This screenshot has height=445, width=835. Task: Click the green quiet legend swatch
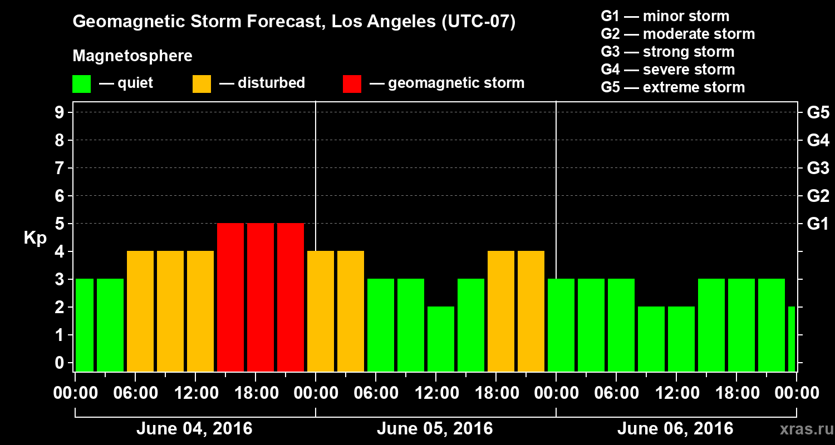tap(81, 83)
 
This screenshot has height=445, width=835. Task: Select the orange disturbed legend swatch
tap(202, 83)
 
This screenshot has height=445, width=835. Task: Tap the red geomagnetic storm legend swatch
tap(352, 83)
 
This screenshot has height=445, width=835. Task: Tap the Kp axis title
tap(35, 238)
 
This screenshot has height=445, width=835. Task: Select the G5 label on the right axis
tap(818, 112)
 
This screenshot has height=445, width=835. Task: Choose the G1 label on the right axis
tap(818, 224)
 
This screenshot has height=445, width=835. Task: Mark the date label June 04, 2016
tap(194, 429)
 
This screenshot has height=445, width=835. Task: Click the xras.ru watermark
tap(803, 429)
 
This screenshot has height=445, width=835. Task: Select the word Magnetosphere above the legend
tap(132, 56)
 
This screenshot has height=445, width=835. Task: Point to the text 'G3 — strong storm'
tap(667, 52)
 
